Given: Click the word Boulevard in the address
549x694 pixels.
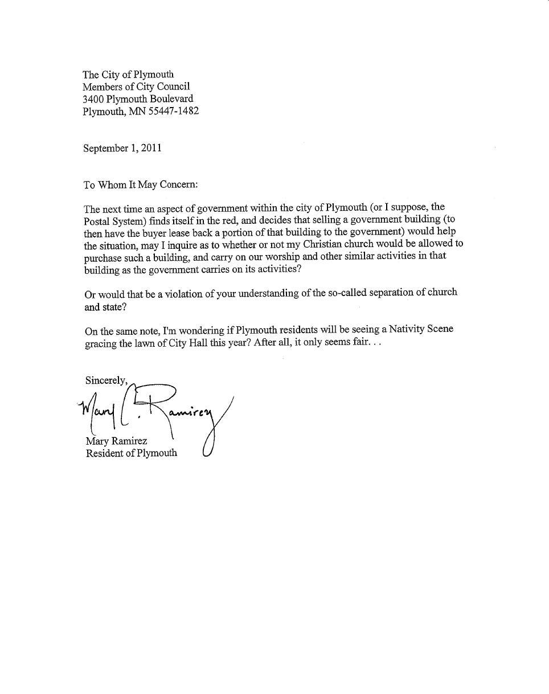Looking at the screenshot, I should (x=171, y=99).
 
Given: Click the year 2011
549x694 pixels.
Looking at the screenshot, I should (x=151, y=148).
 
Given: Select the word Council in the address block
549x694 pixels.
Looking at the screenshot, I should (x=170, y=87).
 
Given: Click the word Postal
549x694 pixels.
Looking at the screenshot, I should (x=96, y=220).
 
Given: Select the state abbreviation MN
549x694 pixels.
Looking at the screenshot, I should (x=137, y=112).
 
